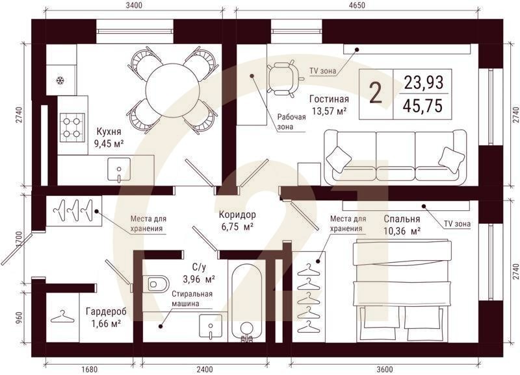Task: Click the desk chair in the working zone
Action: pyautogui.click(x=283, y=77)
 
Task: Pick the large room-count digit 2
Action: pyautogui.click(x=376, y=93)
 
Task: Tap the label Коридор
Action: pyautogui.click(x=237, y=215)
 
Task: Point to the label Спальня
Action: pyautogui.click(x=402, y=219)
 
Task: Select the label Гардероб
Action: pyautogui.click(x=106, y=311)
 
